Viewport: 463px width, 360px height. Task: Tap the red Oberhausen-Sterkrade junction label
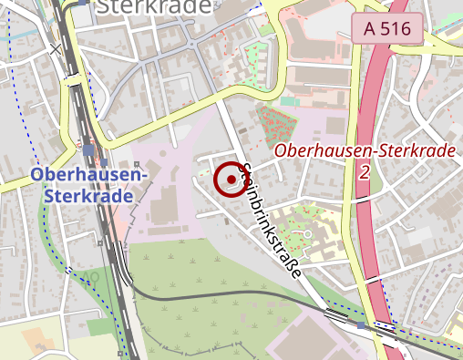coord(365,149)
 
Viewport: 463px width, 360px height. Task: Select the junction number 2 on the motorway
coord(365,170)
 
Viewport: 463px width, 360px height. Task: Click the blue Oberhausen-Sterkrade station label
coord(88,184)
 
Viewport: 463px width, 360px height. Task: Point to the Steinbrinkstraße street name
coord(271,218)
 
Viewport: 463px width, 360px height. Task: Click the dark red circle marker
coord(232,180)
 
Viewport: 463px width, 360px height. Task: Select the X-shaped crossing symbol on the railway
coord(58,47)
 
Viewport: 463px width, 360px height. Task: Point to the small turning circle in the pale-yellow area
coord(309,234)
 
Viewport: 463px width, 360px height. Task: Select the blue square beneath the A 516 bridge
coord(362,324)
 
